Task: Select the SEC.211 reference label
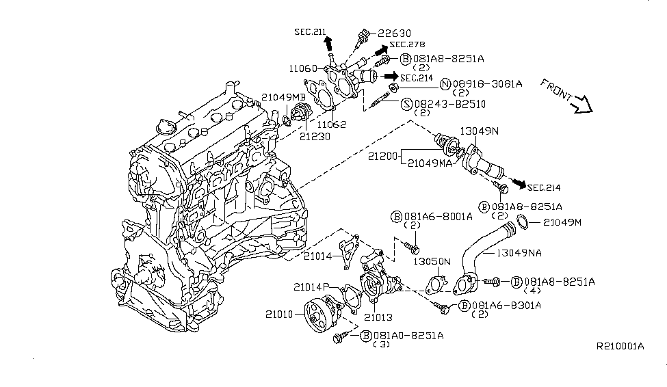(311, 31)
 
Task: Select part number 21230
(315, 136)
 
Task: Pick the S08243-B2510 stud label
(446, 104)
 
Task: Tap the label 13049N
(480, 130)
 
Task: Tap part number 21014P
(313, 286)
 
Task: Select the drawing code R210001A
(620, 346)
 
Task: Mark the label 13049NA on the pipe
(519, 252)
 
